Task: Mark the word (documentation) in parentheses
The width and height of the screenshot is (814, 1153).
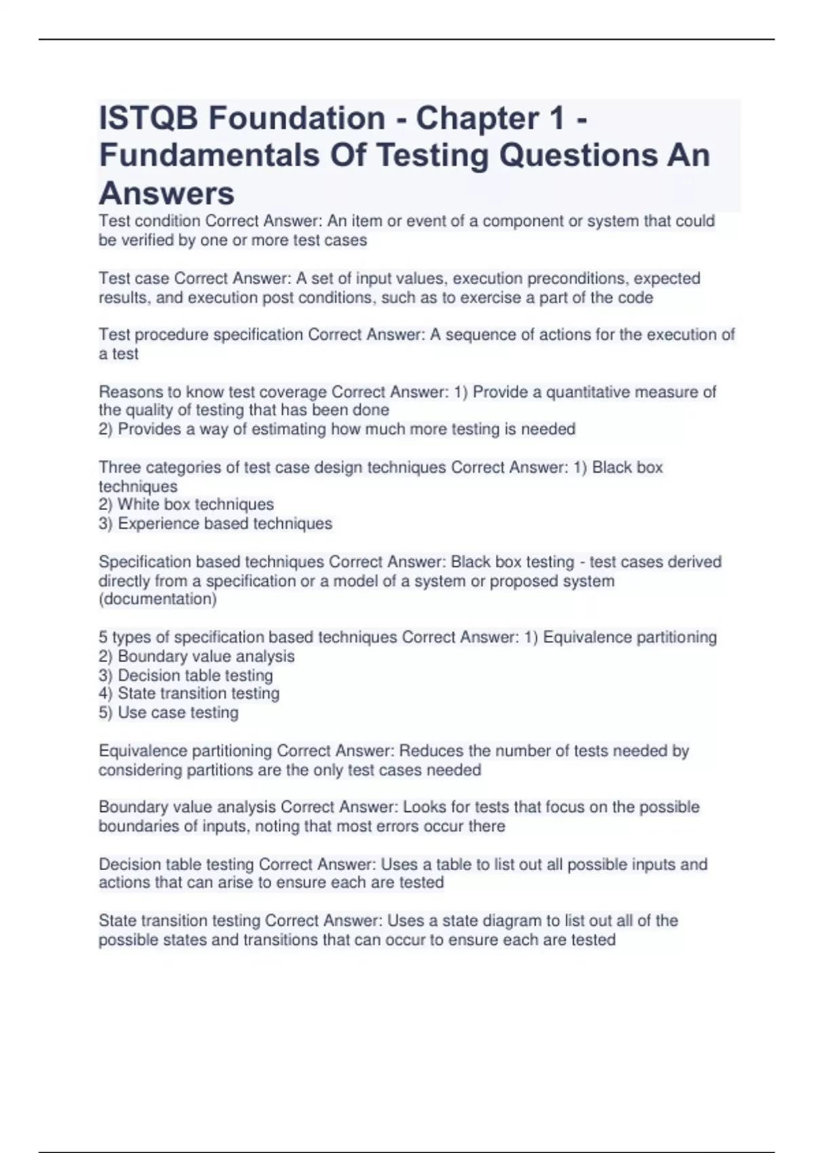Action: pos(158,599)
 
